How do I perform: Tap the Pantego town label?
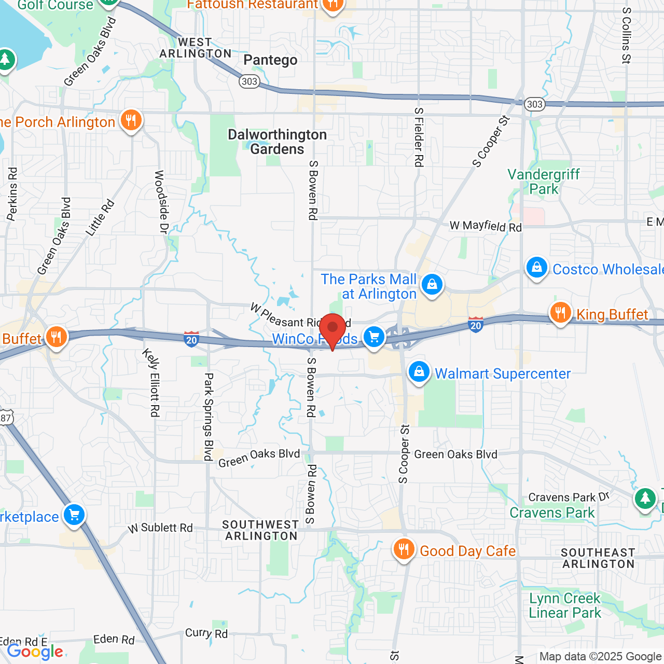tap(270, 60)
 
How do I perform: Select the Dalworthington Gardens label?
tap(278, 142)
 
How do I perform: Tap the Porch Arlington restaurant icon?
tap(131, 121)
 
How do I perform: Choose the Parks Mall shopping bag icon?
tap(432, 284)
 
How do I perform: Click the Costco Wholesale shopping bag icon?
tap(537, 268)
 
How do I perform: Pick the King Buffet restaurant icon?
tap(560, 313)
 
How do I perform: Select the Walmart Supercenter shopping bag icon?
tap(419, 372)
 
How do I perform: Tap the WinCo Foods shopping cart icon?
tap(374, 337)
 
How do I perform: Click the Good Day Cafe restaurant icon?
tap(403, 549)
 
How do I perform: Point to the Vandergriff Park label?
tap(543, 182)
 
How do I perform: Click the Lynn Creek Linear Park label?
tap(564, 605)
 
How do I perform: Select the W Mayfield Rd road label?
tap(486, 226)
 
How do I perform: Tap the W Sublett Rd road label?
tap(160, 528)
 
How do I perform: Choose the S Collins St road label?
tap(626, 35)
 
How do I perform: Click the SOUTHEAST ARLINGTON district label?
tap(598, 558)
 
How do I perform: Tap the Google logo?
tap(35, 652)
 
